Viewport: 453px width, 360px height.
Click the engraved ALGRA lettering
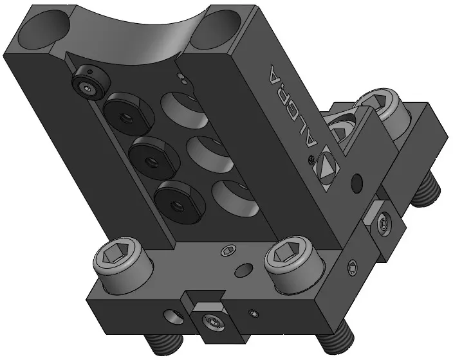(293, 106)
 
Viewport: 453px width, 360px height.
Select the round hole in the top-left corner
(44, 30)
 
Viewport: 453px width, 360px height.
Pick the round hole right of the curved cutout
(216, 30)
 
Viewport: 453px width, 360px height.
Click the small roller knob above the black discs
(91, 82)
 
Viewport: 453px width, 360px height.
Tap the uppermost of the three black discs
(129, 114)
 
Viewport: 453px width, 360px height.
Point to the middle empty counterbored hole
(210, 154)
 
